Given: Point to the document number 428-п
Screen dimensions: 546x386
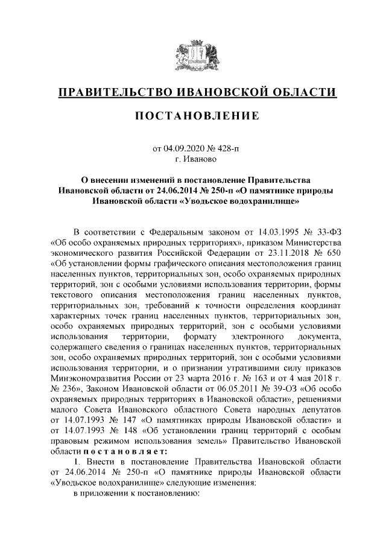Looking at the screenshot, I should point(227,148).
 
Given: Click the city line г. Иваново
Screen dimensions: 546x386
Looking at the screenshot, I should point(192,159).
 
